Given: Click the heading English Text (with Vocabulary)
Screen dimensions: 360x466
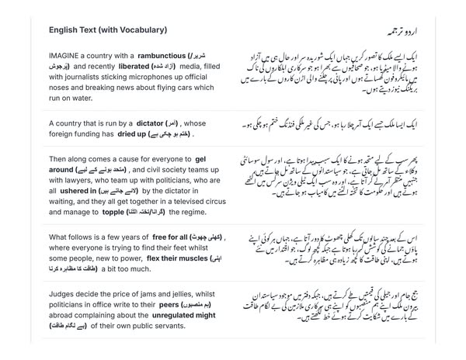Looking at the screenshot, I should [x=107, y=29].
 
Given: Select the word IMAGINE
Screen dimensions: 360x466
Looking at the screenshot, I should [x=67, y=57].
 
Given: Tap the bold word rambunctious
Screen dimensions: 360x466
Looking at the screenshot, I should [x=162, y=57].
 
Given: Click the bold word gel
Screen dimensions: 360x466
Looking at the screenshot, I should [x=200, y=157].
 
